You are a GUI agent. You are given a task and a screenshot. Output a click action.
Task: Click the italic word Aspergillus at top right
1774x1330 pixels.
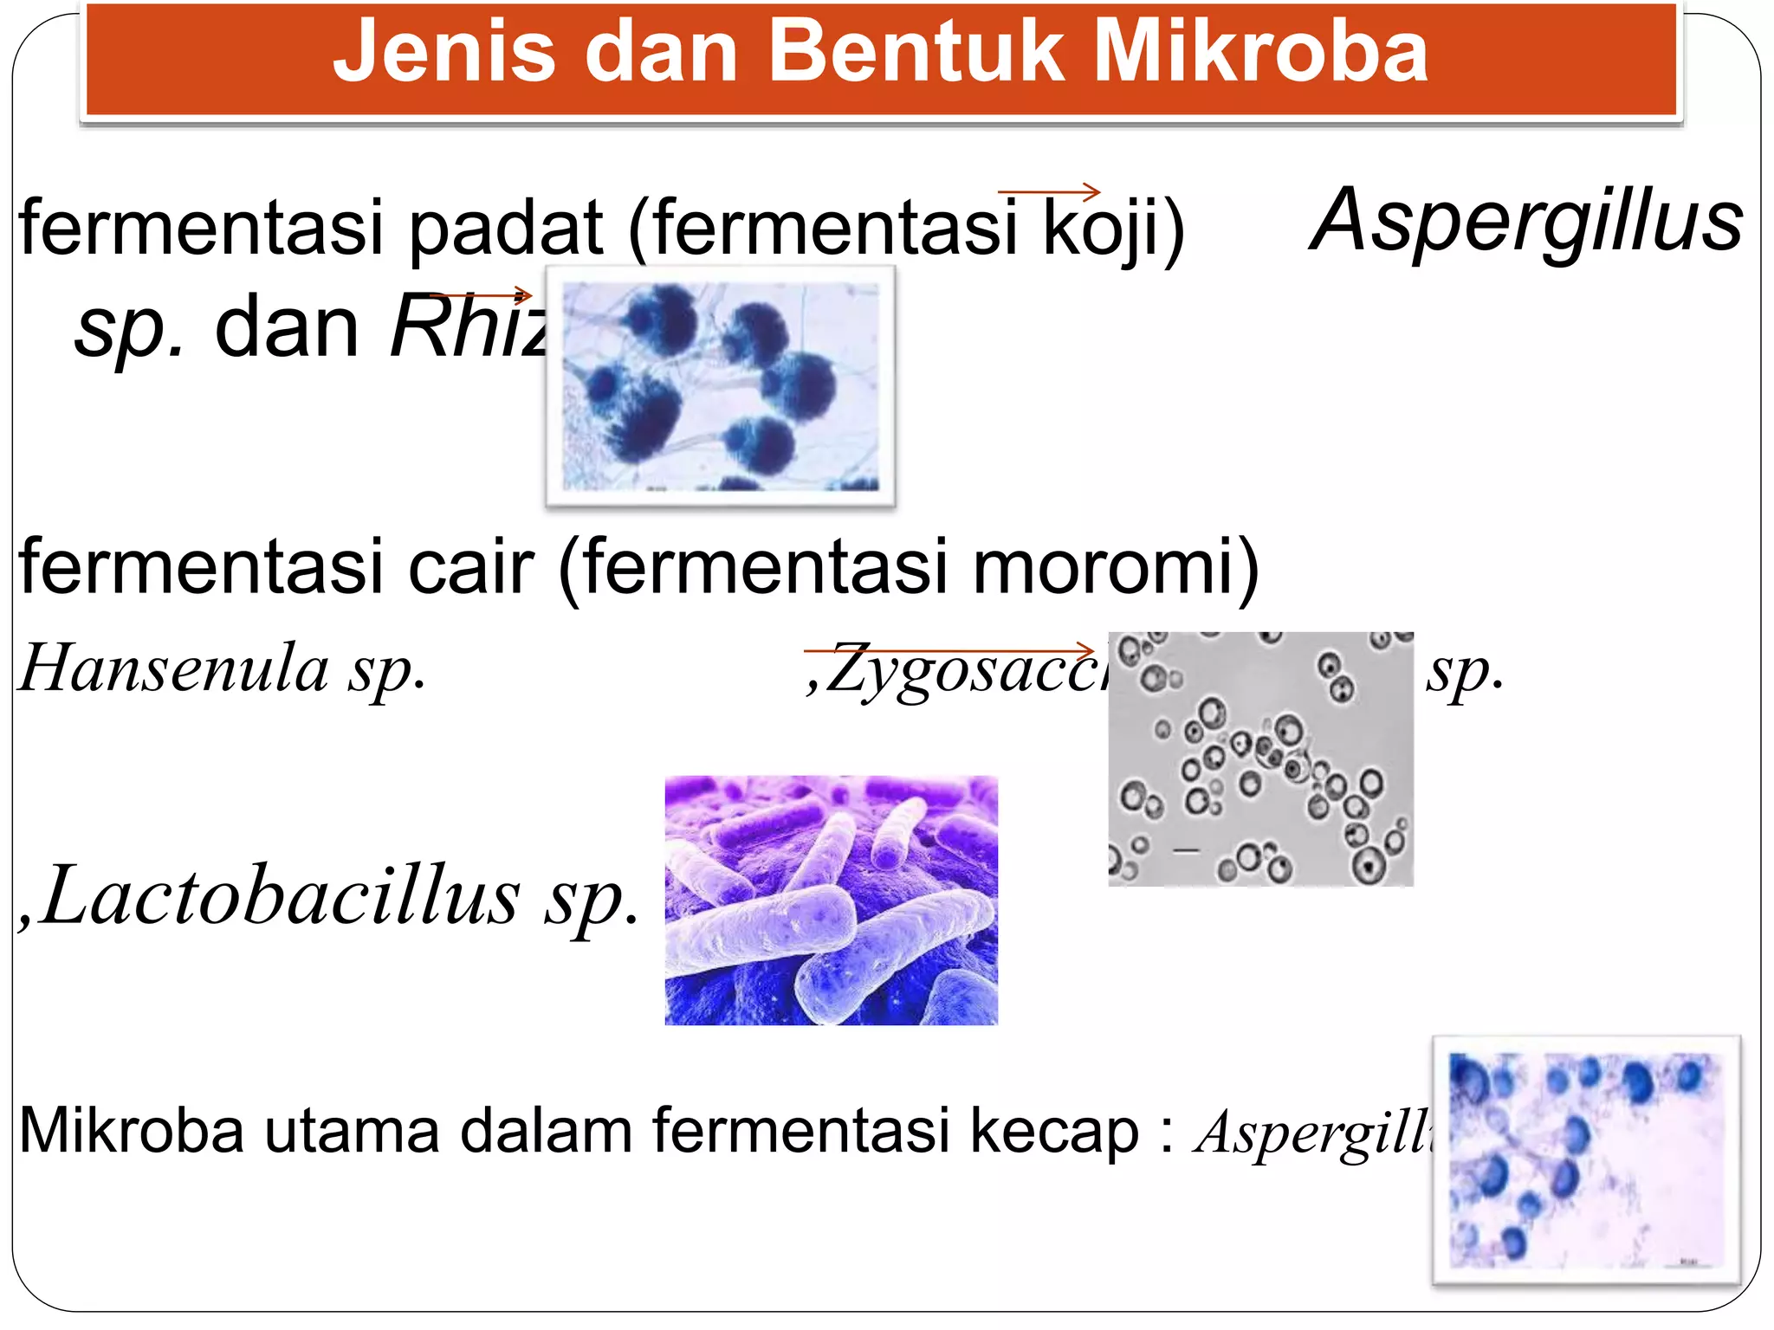point(1526,222)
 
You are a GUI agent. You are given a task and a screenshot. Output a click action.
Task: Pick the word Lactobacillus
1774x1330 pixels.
point(282,896)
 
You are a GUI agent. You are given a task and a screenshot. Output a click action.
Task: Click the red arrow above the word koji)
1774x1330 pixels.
point(1048,191)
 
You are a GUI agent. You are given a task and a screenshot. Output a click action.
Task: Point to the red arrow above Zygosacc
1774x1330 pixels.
point(949,649)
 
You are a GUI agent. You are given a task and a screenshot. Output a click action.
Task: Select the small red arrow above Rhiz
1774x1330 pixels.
point(481,295)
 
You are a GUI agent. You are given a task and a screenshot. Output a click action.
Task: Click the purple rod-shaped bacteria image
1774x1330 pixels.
point(831,901)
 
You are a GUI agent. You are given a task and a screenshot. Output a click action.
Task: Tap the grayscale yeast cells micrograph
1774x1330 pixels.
point(1260,759)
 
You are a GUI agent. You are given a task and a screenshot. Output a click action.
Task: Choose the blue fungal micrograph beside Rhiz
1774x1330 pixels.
point(720,386)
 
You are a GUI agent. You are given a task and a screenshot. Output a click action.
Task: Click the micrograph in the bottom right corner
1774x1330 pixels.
point(1585,1160)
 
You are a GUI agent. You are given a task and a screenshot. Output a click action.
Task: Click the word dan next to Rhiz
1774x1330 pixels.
point(286,329)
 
